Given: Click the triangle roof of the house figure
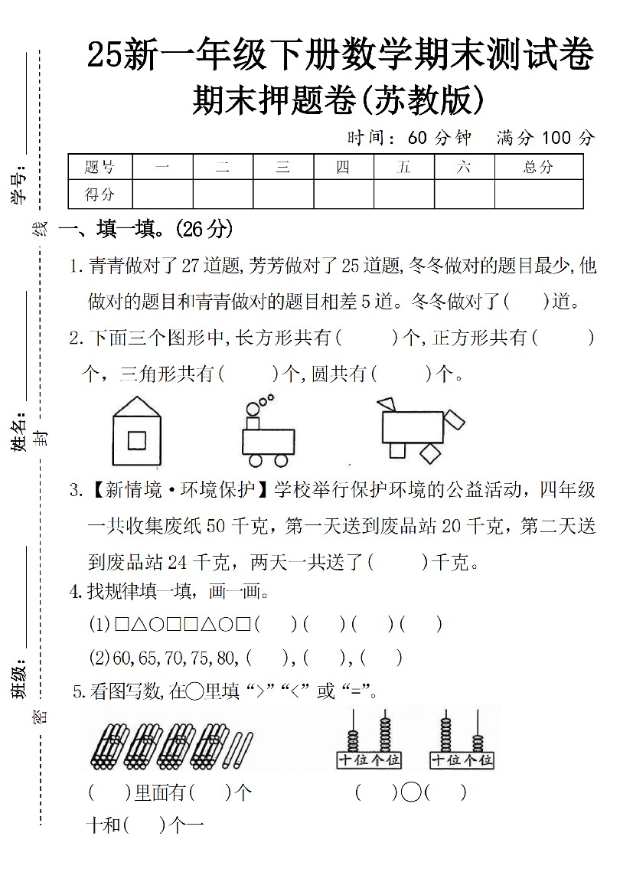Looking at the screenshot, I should pyautogui.click(x=137, y=408).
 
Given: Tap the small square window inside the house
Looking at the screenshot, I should pyautogui.click(x=137, y=440).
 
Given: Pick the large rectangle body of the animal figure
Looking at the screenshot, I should pyautogui.click(x=413, y=428).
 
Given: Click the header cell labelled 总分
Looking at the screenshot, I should pyautogui.click(x=538, y=167).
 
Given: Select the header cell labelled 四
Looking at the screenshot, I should pyautogui.click(x=343, y=167).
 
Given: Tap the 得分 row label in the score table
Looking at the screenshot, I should pyautogui.click(x=100, y=194).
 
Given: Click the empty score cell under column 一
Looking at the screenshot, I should pyautogui.click(x=162, y=194).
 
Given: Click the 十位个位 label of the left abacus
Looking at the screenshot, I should pyautogui.click(x=369, y=759).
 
